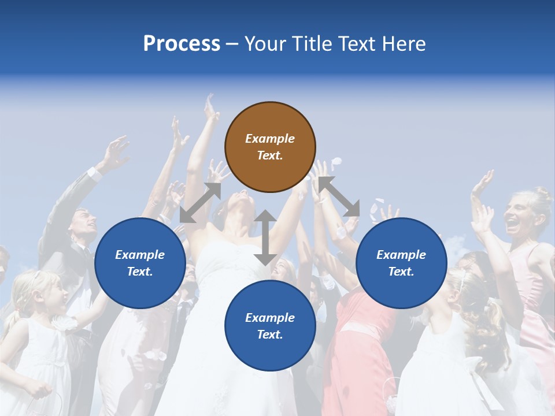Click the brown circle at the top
[x=270, y=147]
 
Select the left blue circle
[x=140, y=263]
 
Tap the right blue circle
[x=401, y=263]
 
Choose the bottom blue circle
[x=270, y=326]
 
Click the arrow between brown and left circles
[x=201, y=202]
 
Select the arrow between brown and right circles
[x=339, y=196]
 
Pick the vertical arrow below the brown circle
[x=265, y=237]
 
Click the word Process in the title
[x=182, y=44]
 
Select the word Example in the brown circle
[x=270, y=139]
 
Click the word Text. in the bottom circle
[x=270, y=335]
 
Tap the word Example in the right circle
[x=401, y=255]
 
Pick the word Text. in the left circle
[x=140, y=272]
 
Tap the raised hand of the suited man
[x=115, y=152]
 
